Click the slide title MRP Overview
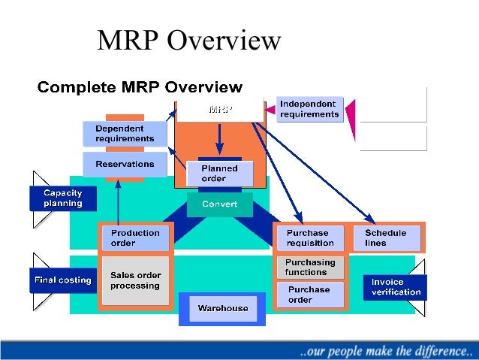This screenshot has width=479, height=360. [189, 41]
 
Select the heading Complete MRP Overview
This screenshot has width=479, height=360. [140, 87]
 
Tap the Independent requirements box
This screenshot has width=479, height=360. [309, 109]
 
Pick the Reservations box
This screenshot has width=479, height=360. [125, 164]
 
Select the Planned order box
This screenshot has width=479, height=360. [219, 174]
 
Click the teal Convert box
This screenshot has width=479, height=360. [219, 204]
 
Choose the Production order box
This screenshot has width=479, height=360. [135, 237]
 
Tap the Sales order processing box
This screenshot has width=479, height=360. [135, 280]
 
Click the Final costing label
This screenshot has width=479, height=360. [63, 280]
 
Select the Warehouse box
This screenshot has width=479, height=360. [222, 308]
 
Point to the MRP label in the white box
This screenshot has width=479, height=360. [220, 110]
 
